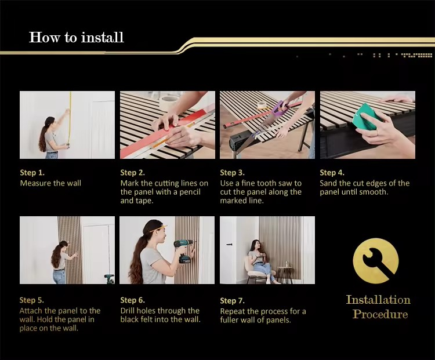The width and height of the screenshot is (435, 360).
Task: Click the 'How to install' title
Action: (x=77, y=37)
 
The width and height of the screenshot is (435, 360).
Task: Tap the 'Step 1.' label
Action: (x=32, y=173)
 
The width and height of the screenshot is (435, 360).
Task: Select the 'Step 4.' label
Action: (x=332, y=173)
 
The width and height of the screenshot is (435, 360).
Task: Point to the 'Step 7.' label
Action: (x=233, y=301)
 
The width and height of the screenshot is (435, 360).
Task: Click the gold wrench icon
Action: (x=375, y=262)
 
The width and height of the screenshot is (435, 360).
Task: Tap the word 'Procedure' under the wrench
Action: (x=380, y=314)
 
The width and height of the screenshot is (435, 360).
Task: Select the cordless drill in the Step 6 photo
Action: (x=183, y=250)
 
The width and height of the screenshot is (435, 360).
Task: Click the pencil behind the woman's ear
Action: (x=158, y=228)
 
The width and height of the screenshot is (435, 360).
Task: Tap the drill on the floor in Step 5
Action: (x=109, y=279)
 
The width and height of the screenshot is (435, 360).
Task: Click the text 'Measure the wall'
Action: (x=50, y=183)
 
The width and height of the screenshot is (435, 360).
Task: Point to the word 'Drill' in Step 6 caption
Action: (x=128, y=311)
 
